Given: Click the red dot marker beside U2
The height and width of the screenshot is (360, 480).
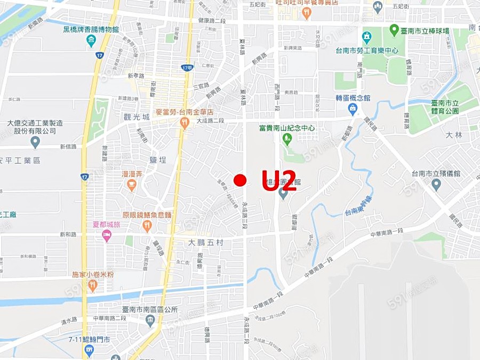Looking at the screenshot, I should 240,180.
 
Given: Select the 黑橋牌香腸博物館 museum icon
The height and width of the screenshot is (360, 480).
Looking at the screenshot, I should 91,41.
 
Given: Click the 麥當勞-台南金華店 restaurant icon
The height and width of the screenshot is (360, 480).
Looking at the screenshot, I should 185,123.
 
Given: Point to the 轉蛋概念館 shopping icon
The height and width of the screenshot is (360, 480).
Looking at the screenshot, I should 353,109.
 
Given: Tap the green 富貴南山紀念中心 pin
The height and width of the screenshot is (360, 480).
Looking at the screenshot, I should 287,140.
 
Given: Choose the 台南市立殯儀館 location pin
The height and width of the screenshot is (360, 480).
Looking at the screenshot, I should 436,185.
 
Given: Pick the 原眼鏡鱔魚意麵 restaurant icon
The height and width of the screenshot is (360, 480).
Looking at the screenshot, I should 147,226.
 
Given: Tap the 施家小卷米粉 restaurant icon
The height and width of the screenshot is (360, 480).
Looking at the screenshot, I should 93,286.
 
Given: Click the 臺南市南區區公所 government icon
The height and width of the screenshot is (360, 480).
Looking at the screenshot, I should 150,321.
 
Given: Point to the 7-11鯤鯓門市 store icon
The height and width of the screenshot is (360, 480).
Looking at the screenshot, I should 89,351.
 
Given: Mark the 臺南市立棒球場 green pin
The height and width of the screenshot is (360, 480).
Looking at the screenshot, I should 394,29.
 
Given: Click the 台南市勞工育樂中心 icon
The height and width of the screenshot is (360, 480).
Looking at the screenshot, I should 366,38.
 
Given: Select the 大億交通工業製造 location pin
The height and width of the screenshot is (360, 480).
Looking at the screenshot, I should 35,142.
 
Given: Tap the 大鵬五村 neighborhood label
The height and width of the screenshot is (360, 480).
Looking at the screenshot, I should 207,242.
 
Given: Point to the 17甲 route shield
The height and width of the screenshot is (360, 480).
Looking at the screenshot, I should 186,68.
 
